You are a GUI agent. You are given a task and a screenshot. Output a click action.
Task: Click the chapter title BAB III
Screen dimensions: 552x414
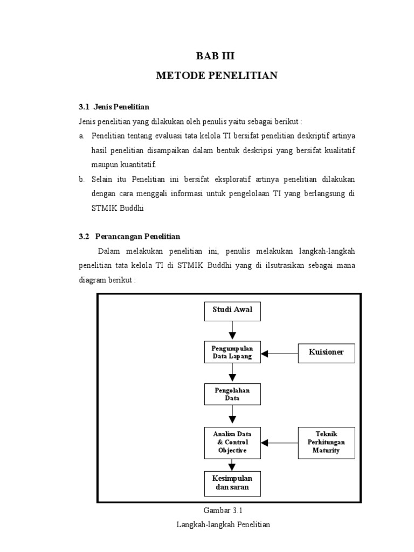pyautogui.click(x=216, y=56)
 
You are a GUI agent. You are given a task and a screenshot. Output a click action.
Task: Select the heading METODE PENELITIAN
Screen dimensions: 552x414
pyautogui.click(x=216, y=75)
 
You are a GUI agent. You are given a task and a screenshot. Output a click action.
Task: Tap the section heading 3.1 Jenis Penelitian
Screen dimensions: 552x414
pyautogui.click(x=114, y=107)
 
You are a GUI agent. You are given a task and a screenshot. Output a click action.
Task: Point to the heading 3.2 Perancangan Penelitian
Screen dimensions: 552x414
pyautogui.click(x=129, y=236)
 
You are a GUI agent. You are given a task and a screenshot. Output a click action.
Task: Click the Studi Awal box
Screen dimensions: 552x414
pyautogui.click(x=232, y=310)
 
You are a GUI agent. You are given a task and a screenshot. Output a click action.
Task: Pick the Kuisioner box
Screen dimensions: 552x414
pyautogui.click(x=326, y=353)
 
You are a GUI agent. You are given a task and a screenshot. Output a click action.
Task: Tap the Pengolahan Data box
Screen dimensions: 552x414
pyautogui.click(x=232, y=394)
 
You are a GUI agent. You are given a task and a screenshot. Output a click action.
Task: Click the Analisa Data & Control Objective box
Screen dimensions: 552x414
pyautogui.click(x=232, y=443)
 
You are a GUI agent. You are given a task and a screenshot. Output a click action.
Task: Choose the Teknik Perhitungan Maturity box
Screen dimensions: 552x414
pyautogui.click(x=326, y=443)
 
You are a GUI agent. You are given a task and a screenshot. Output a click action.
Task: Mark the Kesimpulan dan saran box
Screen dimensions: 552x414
pyautogui.click(x=232, y=484)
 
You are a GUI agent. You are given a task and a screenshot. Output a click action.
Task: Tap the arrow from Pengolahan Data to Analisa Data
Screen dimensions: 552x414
pyautogui.click(x=232, y=416)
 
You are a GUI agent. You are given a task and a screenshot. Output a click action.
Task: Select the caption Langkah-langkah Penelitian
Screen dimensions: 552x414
pyautogui.click(x=223, y=525)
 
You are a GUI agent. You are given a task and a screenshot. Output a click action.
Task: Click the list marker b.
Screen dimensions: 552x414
pyautogui.click(x=81, y=179)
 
